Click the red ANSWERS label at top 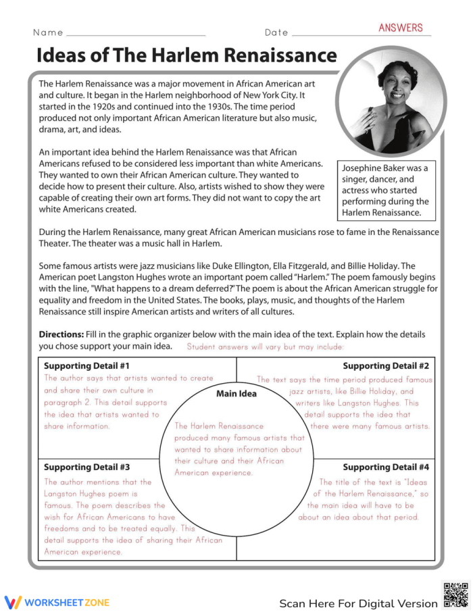[400, 28]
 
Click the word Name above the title [48, 32]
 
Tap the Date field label [276, 32]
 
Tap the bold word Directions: [61, 334]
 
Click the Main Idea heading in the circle [236, 394]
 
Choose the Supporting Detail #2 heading [386, 366]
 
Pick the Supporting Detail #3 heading [86, 467]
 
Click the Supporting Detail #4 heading [386, 467]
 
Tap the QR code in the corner [455, 595]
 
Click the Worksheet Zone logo [57, 602]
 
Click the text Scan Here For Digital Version [358, 603]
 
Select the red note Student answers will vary [265, 347]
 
